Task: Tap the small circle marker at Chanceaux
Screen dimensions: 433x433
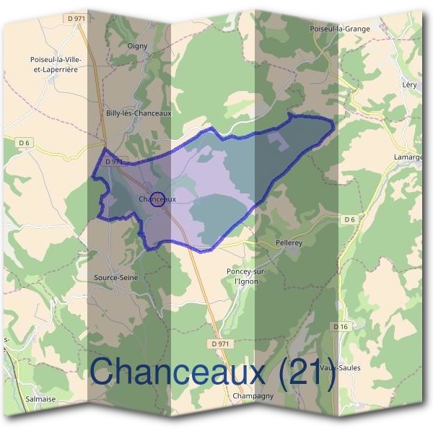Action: (x=159, y=199)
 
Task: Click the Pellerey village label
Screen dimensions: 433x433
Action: (x=292, y=243)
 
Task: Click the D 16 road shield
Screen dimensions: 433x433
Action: (x=341, y=327)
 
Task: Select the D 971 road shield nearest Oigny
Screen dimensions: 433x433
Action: (x=74, y=17)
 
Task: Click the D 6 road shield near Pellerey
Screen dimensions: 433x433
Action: (x=349, y=219)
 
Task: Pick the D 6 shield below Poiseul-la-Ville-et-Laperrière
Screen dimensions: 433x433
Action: (x=25, y=143)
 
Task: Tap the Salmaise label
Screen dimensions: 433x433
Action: (x=39, y=397)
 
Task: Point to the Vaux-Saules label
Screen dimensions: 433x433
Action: (x=340, y=367)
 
